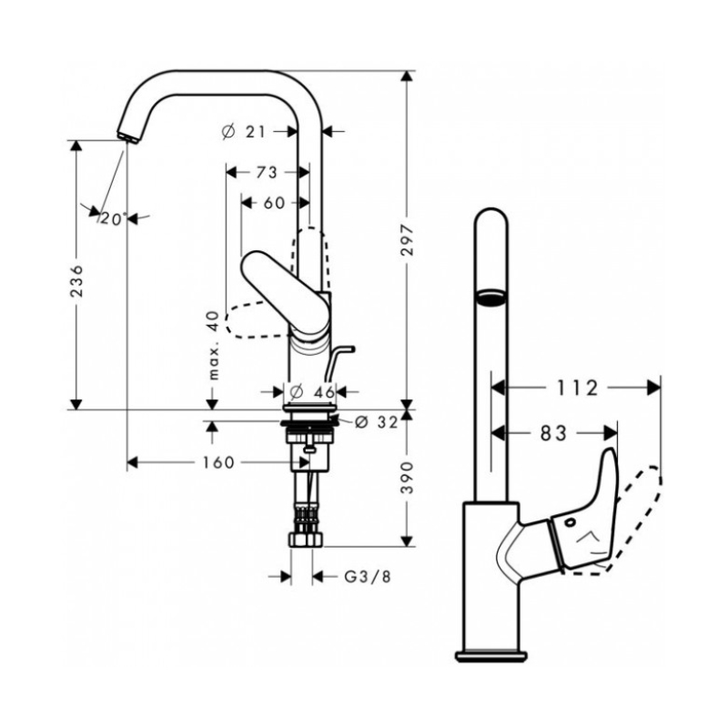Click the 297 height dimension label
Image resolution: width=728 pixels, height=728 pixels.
(x=407, y=240)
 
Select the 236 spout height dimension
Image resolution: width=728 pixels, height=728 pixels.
(x=76, y=280)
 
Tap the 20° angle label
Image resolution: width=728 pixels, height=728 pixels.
(x=112, y=218)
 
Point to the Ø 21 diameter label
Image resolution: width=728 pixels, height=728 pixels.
(x=243, y=132)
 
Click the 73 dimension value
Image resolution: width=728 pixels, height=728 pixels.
(x=267, y=173)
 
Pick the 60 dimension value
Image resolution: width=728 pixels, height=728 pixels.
(x=274, y=203)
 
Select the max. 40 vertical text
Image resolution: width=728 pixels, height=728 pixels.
(x=213, y=345)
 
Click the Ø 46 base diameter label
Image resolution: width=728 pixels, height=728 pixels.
(x=311, y=392)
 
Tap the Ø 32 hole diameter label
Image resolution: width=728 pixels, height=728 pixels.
(x=377, y=422)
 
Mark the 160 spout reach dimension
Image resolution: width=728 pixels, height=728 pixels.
(x=218, y=462)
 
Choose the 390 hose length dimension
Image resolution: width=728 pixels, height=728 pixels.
(x=407, y=478)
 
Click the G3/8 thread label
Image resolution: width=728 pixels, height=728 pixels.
(x=368, y=577)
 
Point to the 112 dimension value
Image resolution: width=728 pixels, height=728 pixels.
(x=578, y=389)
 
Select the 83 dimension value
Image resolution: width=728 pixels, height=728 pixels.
(x=554, y=434)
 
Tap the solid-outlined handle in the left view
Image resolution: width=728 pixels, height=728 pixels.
(x=286, y=292)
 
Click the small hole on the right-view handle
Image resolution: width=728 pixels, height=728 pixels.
(x=570, y=522)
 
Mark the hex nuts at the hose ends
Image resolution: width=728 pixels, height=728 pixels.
(x=306, y=540)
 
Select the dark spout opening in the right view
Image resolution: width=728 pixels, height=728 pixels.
(x=491, y=297)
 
